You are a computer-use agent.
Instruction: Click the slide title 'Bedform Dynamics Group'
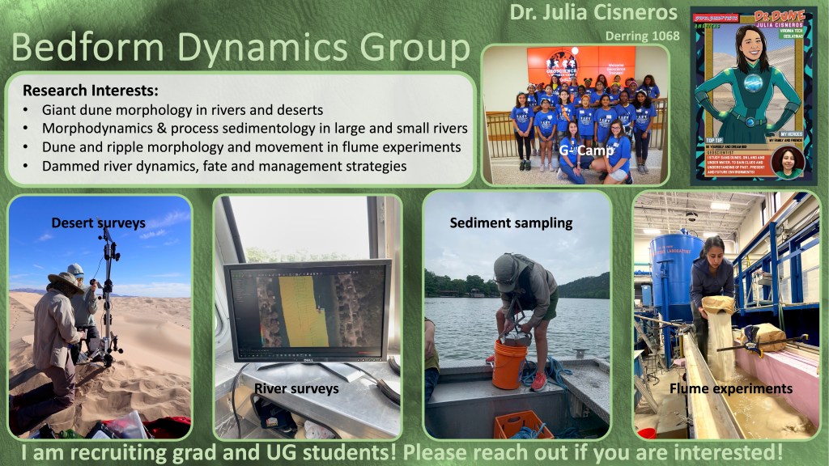(240, 48)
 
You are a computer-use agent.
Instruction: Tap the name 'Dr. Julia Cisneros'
(594, 14)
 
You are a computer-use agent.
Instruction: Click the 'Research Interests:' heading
(90, 90)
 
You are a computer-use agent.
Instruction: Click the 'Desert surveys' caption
(98, 222)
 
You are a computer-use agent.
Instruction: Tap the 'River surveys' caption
(296, 389)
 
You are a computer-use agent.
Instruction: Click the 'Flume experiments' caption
(731, 389)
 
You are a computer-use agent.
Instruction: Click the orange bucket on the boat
(508, 363)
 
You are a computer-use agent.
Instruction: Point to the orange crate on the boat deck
(523, 422)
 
